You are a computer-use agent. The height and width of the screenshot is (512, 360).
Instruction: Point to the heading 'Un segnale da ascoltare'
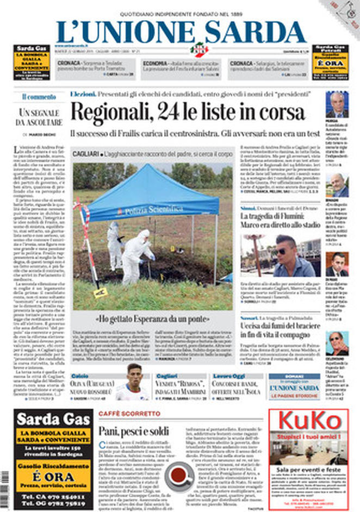(39, 117)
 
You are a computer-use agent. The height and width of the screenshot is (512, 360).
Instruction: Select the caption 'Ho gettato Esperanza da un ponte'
(154, 319)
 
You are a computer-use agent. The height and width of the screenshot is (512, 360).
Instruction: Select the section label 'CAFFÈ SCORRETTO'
(129, 414)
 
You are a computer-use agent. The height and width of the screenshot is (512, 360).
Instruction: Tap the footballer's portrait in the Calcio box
(132, 383)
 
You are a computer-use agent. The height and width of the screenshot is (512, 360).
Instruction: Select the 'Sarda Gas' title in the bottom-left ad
(46, 420)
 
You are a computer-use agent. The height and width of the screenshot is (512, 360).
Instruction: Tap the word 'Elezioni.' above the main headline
(83, 94)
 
